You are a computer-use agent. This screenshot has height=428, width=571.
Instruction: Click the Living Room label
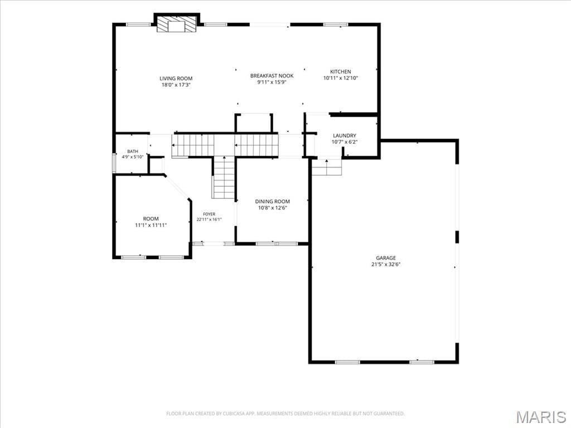click(x=176, y=78)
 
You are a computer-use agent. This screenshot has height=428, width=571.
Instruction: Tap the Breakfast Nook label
click(x=272, y=76)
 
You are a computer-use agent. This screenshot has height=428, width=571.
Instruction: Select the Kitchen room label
click(x=341, y=72)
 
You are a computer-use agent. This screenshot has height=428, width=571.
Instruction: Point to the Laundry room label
click(x=344, y=136)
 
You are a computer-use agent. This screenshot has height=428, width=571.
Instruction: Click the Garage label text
click(x=386, y=258)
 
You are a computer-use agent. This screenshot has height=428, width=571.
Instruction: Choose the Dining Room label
click(x=272, y=201)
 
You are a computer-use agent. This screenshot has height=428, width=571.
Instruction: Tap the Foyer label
click(x=209, y=215)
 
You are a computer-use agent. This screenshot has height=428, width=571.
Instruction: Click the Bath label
click(x=133, y=152)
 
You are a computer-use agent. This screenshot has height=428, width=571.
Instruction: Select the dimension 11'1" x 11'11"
click(x=151, y=225)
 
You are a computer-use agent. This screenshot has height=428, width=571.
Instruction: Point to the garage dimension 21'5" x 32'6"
click(x=386, y=265)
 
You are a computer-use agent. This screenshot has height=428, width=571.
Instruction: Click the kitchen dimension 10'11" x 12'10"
click(x=341, y=78)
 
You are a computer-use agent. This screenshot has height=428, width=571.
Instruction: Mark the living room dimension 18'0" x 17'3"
click(x=176, y=85)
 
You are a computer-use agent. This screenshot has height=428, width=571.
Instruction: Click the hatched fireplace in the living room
click(x=177, y=24)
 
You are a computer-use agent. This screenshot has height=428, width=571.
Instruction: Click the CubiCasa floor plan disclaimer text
click(x=285, y=414)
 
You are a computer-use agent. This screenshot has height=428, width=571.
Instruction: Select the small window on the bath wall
click(x=114, y=163)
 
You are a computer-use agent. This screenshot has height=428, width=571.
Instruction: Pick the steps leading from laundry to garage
click(x=327, y=167)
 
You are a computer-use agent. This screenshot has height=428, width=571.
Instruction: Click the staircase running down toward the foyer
click(x=224, y=178)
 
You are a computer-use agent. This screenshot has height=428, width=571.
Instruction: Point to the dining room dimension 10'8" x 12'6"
click(x=272, y=208)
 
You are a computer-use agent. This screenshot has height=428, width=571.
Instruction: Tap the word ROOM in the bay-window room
click(x=151, y=218)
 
